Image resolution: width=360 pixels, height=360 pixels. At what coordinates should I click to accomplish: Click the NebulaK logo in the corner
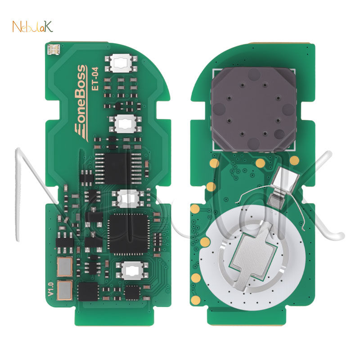(x=32, y=27)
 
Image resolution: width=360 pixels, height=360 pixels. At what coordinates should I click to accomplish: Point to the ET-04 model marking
(x=95, y=78)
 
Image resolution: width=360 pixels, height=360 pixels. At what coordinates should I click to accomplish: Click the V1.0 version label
(x=51, y=289)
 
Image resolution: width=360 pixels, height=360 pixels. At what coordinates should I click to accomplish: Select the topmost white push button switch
(x=121, y=63)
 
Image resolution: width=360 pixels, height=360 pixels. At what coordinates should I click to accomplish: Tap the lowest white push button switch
(x=132, y=271)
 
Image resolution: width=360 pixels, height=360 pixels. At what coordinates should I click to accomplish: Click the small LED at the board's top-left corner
(x=54, y=49)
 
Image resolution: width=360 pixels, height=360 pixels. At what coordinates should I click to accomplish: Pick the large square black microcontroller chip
(x=129, y=233)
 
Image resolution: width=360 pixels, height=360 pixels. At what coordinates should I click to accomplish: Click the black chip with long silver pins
(x=119, y=168)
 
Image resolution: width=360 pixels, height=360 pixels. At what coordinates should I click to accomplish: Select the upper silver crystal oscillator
(x=65, y=267)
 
